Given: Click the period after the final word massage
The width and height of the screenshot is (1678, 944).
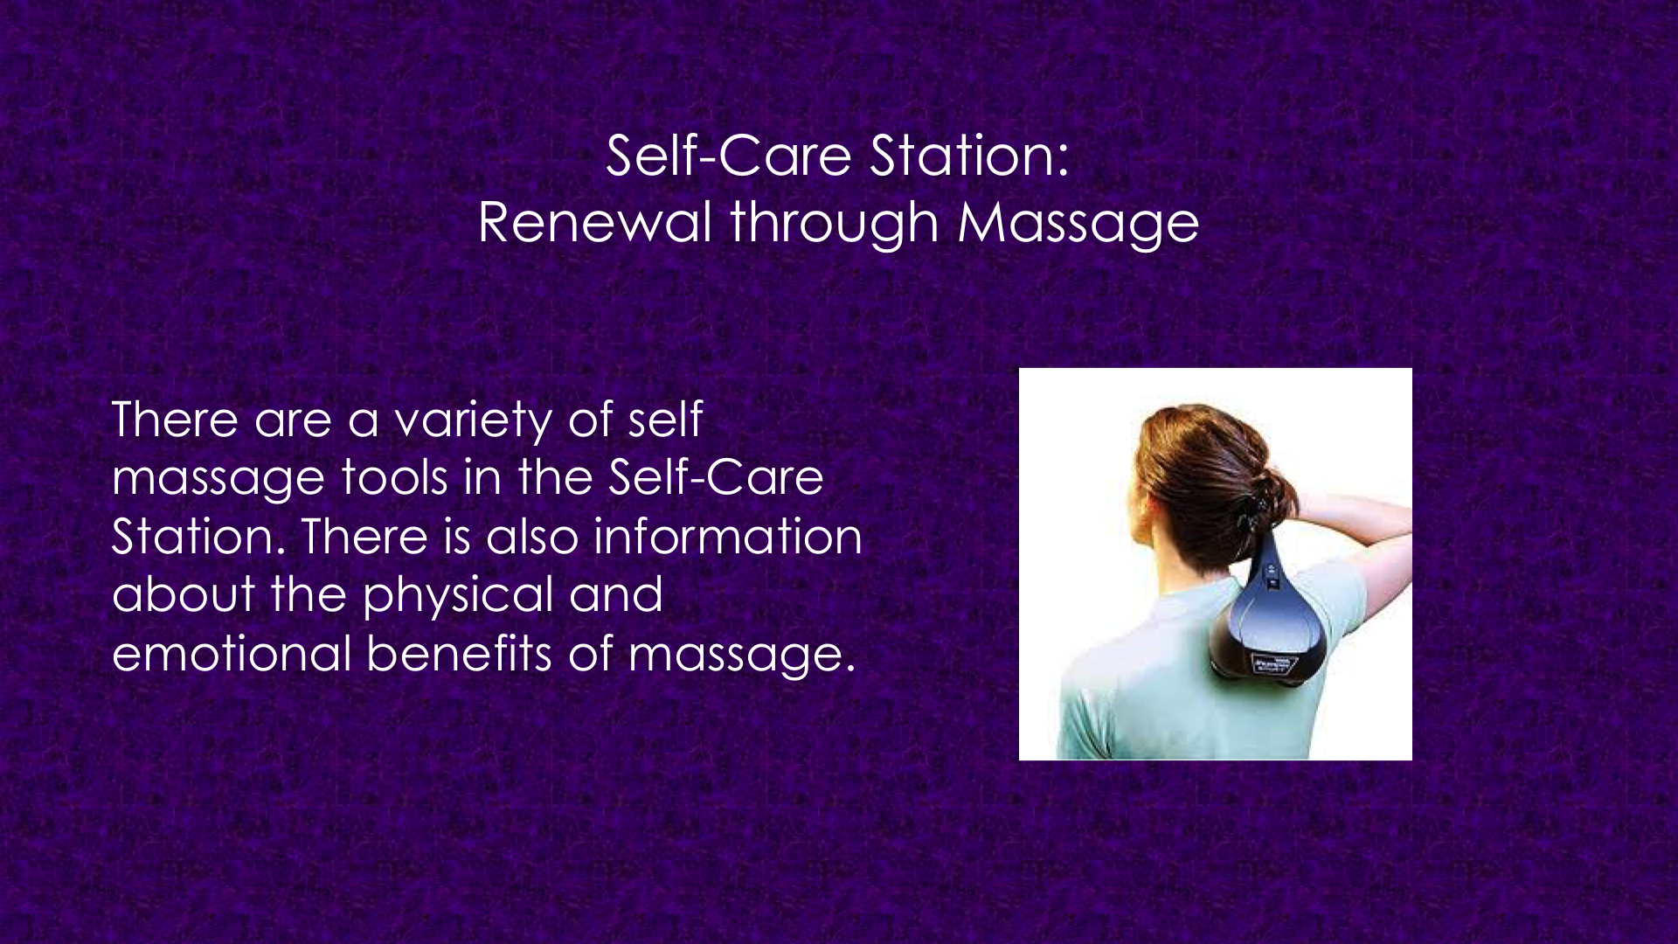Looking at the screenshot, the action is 849,670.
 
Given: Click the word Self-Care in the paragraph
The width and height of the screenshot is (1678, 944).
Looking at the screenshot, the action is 716,477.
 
